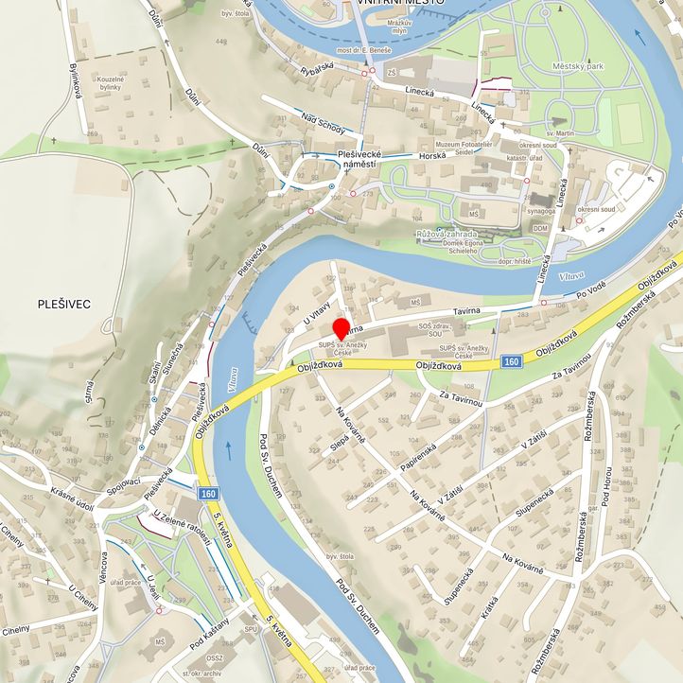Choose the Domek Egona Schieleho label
pos(449,247)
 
